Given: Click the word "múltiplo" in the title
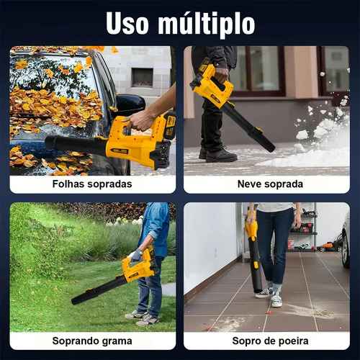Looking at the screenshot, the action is (x=207, y=24).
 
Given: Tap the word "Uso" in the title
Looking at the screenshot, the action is (x=127, y=23).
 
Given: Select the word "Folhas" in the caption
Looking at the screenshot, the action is (x=68, y=184).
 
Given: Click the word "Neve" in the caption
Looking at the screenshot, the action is (x=248, y=184).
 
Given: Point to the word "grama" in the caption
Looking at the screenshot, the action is (x=117, y=341).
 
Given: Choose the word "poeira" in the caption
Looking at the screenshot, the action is (x=292, y=341).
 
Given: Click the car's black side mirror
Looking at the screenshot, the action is (x=130, y=105).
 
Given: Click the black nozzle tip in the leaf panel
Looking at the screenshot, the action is (x=50, y=142).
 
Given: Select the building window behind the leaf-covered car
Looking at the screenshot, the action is (x=142, y=77).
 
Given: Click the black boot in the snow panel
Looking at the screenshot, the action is (x=221, y=156).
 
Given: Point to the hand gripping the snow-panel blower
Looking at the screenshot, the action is (x=221, y=75).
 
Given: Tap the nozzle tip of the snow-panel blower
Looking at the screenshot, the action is (x=270, y=147).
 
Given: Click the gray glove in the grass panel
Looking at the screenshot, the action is (x=137, y=255).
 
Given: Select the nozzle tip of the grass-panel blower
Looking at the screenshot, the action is (x=75, y=301).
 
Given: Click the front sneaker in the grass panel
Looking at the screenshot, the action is (x=147, y=320).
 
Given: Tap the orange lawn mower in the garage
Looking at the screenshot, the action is (x=330, y=246).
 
